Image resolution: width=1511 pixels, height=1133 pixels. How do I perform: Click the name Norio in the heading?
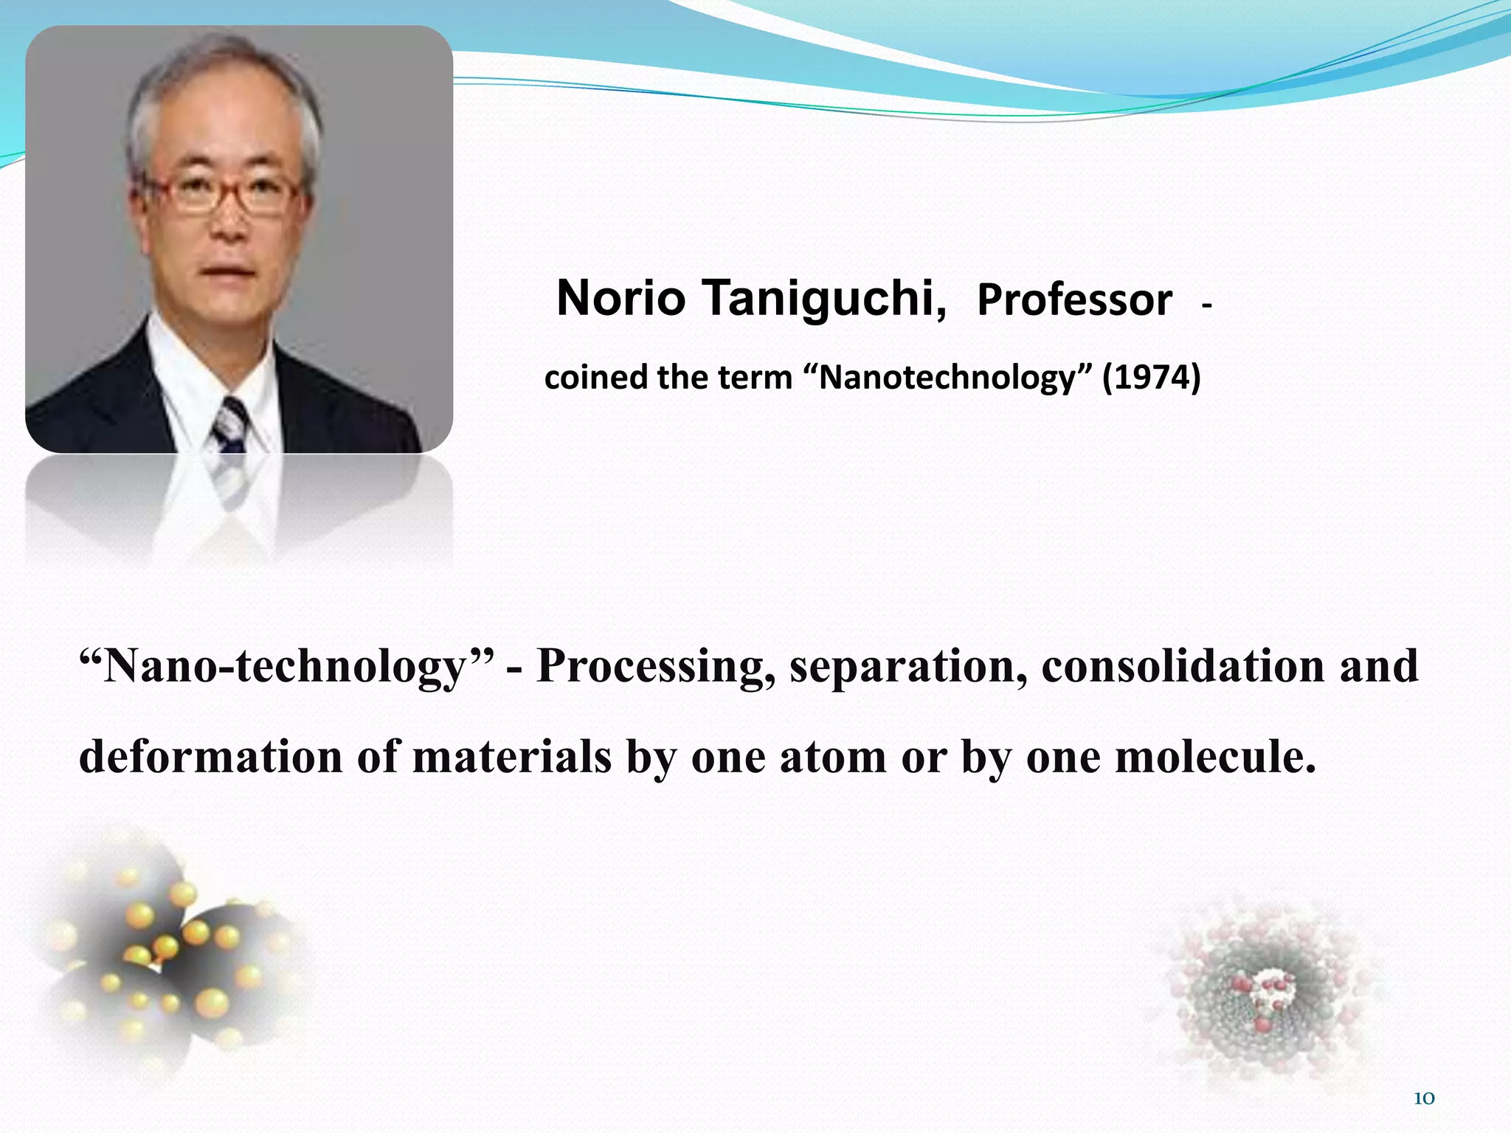620,299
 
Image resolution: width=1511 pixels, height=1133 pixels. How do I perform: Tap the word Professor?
1074,301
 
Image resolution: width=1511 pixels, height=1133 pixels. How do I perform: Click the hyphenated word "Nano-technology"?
288,666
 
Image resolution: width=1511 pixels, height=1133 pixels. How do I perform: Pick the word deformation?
210,758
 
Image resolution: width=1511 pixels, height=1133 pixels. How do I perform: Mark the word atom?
832,758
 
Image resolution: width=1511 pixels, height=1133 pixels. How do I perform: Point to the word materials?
511,758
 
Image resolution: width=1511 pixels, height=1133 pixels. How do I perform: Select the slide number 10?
1423,1098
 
